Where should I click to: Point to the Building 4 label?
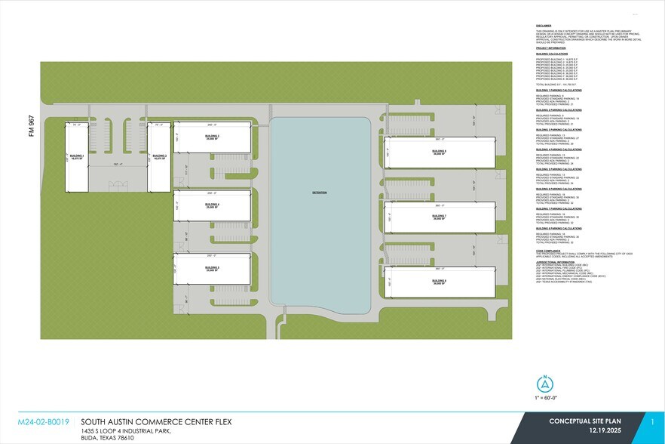(x=212, y=205)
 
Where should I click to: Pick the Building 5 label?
(x=212, y=267)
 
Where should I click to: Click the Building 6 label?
(x=440, y=152)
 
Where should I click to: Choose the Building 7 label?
(x=440, y=217)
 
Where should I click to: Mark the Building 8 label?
(x=440, y=281)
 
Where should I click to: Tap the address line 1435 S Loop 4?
(x=125, y=431)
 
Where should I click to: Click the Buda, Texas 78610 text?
(x=107, y=438)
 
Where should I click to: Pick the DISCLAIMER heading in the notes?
(x=544, y=25)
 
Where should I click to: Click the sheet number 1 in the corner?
(x=653, y=424)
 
